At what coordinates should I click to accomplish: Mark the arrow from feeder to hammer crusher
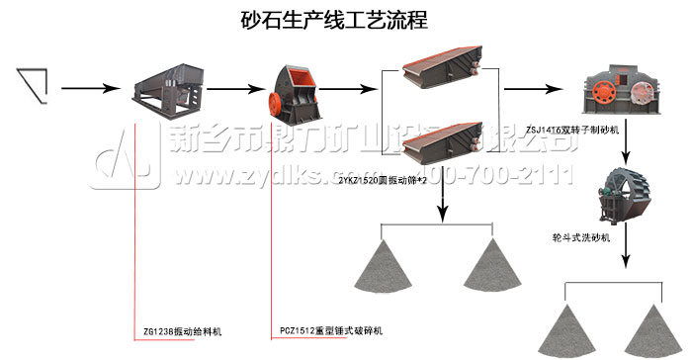coord(230,91)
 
